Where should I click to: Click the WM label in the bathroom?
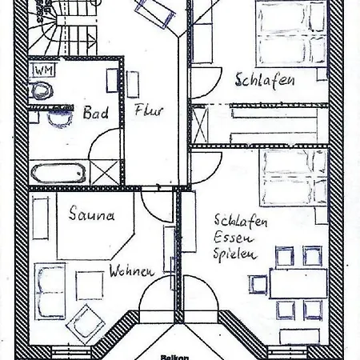coord(44,70)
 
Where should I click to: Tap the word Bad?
coord(96,113)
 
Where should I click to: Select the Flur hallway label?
coord(149,110)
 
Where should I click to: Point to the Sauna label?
coord(92,214)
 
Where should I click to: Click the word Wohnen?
coord(132,271)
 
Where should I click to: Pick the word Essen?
coord(234,237)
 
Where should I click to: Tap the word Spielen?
coord(234,254)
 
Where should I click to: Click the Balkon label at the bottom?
coord(174,358)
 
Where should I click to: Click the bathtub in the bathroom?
coord(58,173)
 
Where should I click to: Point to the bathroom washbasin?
coord(60,118)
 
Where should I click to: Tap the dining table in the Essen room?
coord(298,283)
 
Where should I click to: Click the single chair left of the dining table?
coord(258,284)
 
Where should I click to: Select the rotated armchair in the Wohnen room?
coord(85,322)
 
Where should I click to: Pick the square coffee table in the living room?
coord(90,286)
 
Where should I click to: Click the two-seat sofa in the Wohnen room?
coord(50,291)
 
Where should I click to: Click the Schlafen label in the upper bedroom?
coord(265,80)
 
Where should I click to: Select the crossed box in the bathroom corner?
coord(105,172)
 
